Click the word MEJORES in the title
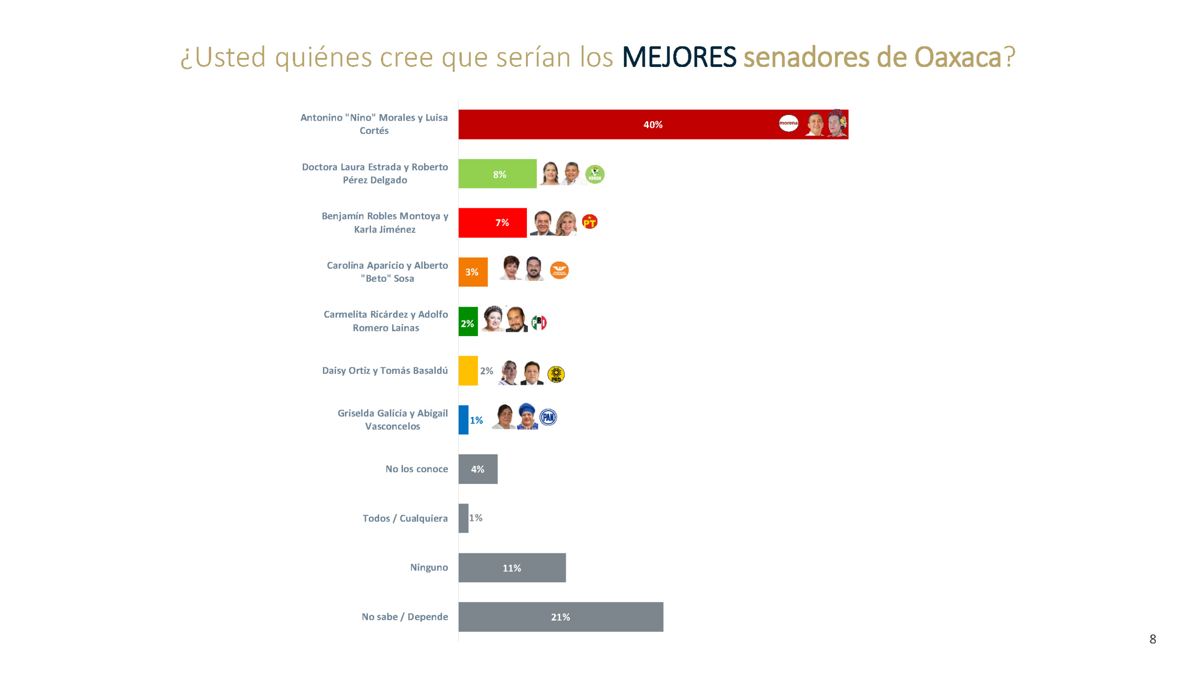pos(679,57)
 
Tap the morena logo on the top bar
pos(788,123)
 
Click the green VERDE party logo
pos(594,174)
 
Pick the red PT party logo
pos(589,222)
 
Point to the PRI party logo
pos(539,322)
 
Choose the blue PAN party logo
pos(548,417)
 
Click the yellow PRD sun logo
pos(555,374)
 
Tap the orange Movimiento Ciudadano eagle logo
pos(559,270)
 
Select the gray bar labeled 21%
pos(560,616)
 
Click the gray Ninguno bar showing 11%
pos(511,567)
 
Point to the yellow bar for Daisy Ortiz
pos(468,370)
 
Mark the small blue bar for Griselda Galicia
pos(463,419)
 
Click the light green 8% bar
pos(497,174)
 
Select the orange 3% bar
pos(473,271)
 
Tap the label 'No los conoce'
pos(416,469)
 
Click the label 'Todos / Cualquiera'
pos(405,518)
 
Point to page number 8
pos(1152,639)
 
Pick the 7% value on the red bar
pos(502,222)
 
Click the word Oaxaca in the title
pos(957,57)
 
